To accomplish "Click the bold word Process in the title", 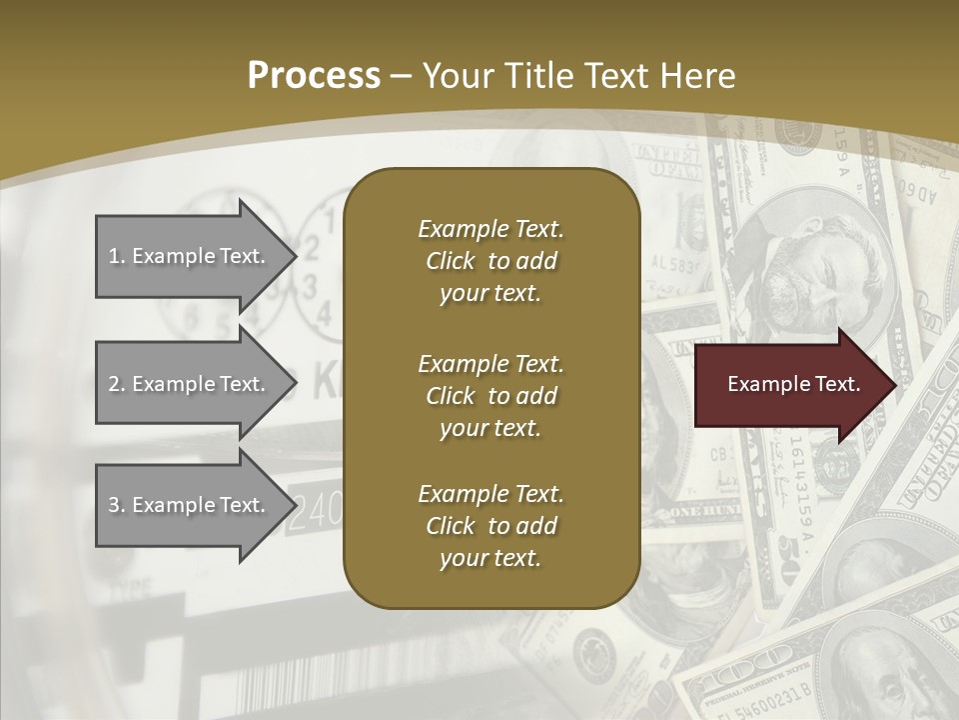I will point(314,76).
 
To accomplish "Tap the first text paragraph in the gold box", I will point(490,261).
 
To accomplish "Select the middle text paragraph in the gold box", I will point(490,396).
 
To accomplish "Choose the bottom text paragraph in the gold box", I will point(490,526).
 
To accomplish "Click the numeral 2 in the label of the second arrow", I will point(114,384).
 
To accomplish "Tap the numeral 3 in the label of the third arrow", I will point(114,505).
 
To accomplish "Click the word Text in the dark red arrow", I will point(837,384).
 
